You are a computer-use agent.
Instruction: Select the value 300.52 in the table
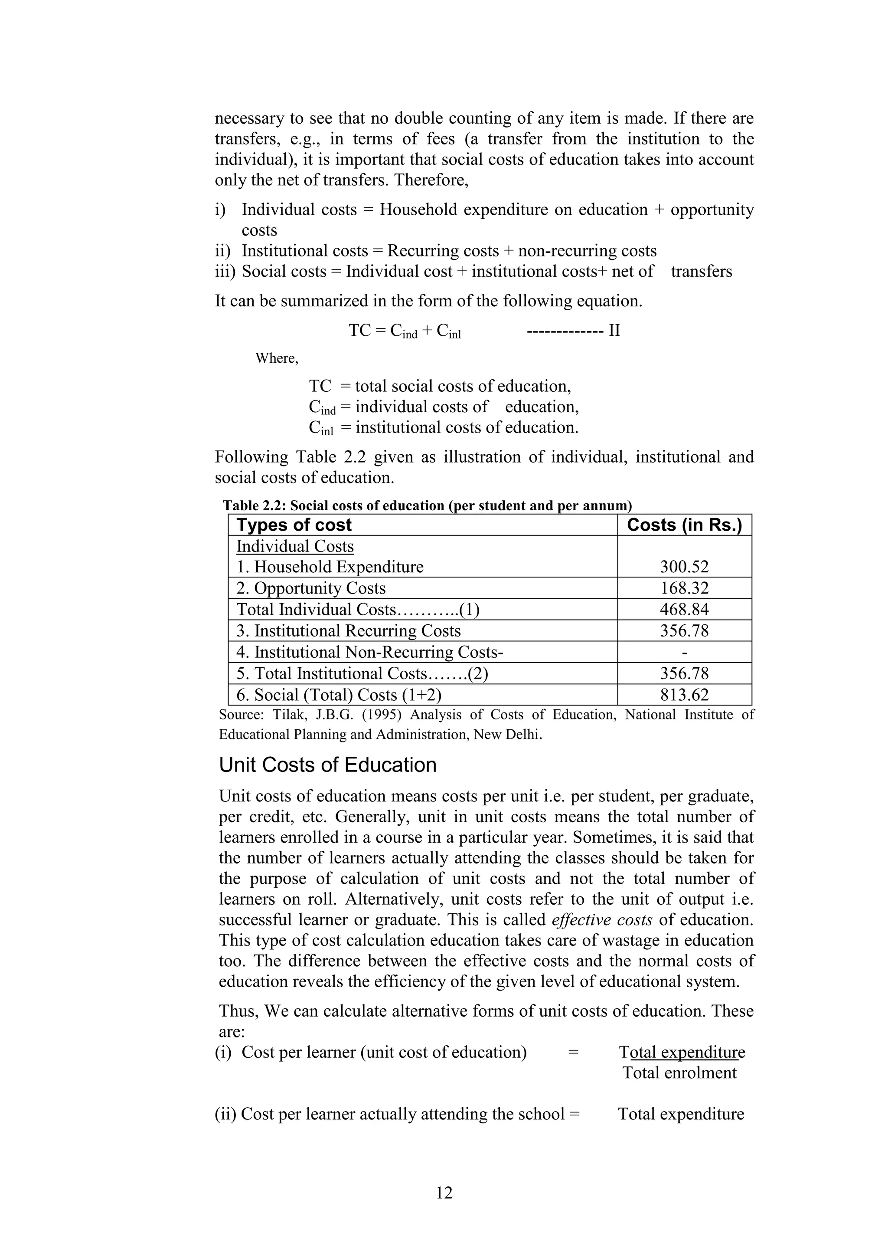684,567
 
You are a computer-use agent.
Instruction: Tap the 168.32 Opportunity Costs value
684,588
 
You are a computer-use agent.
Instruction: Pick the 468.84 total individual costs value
684,609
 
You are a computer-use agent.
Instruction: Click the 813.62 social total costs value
684,695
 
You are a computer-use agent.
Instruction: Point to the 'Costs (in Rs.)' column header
684,525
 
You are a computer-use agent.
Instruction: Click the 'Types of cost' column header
294,525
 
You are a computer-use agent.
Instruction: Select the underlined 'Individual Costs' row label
295,546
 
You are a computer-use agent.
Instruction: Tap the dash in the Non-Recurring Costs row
685,653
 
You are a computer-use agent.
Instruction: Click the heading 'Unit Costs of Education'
328,765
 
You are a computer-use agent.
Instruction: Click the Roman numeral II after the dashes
614,330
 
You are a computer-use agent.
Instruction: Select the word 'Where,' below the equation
277,358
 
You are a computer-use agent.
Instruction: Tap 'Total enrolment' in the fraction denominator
679,1073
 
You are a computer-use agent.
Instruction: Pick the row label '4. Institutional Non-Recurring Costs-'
369,653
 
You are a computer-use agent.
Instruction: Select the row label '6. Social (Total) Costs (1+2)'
339,695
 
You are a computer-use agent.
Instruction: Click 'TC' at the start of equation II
359,330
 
